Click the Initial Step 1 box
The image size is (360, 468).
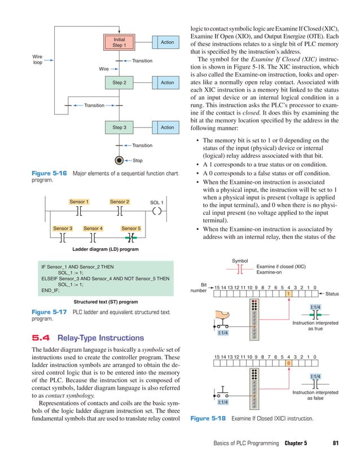tap(119, 42)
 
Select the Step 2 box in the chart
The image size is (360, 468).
tap(119, 83)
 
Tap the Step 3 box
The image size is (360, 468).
tap(119, 127)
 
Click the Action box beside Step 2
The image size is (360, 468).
tap(167, 83)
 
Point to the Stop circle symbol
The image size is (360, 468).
tap(118, 160)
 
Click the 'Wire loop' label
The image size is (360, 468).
tap(38, 59)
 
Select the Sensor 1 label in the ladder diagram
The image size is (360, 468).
tap(79, 201)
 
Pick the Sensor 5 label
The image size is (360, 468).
tap(131, 228)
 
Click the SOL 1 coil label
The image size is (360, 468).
tap(156, 202)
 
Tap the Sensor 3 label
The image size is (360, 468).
tap(62, 228)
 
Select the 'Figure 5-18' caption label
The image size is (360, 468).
tap(208, 420)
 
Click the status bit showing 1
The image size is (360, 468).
tap(288, 294)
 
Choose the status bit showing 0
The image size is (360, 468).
tap(288, 364)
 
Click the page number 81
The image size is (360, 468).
tap(337, 443)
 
